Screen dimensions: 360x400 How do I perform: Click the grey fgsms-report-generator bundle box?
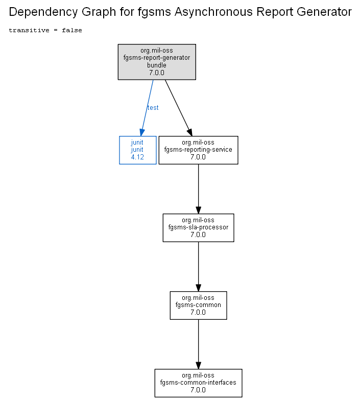click(x=157, y=62)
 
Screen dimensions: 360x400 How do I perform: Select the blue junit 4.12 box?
click(x=138, y=150)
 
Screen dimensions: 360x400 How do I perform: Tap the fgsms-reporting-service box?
click(x=198, y=150)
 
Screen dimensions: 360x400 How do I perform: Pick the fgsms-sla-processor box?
click(x=198, y=228)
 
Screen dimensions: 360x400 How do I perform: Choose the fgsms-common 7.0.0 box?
click(x=198, y=305)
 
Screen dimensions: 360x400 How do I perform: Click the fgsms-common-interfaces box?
click(x=198, y=383)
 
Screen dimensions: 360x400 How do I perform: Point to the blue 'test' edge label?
click(x=153, y=108)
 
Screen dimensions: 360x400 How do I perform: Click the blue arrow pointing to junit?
click(x=147, y=108)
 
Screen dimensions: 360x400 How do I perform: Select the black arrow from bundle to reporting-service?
click(x=179, y=108)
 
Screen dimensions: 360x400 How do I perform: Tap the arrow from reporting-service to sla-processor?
click(x=198, y=189)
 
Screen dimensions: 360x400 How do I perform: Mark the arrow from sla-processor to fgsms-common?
click(x=198, y=267)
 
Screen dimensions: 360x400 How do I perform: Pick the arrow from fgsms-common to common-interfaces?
click(x=198, y=344)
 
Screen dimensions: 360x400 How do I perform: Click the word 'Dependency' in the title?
click(x=43, y=12)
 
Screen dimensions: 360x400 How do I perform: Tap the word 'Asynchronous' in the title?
click(x=213, y=12)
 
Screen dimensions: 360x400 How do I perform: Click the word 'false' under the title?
click(x=72, y=30)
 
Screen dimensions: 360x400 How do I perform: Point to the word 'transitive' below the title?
click(x=29, y=30)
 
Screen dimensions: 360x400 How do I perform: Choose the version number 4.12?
click(x=137, y=157)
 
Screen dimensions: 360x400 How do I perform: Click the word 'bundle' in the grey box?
click(x=157, y=65)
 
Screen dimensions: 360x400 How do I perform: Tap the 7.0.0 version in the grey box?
click(x=157, y=73)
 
